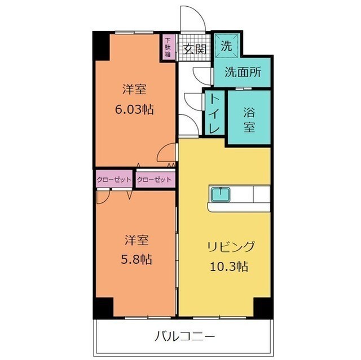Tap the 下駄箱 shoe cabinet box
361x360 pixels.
(168, 47)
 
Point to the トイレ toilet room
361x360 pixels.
(215, 113)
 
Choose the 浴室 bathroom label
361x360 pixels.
(249, 118)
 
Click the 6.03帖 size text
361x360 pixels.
(134, 109)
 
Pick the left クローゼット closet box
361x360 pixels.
(113, 180)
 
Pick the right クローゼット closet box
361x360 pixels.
(154, 180)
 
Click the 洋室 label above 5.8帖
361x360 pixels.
(137, 241)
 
